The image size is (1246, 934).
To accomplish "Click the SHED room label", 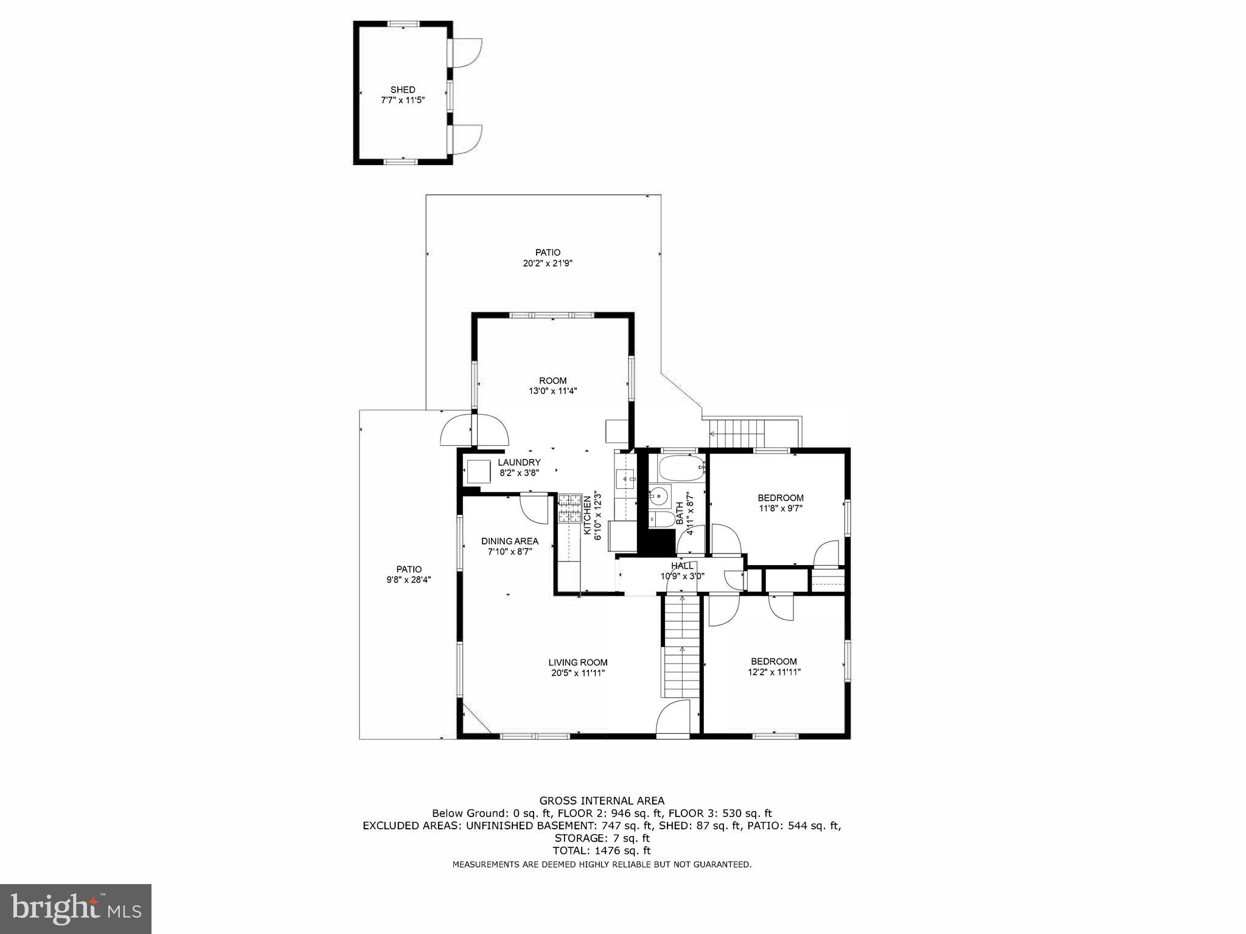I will click(x=403, y=90).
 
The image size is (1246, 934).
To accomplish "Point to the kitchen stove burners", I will click(x=570, y=510).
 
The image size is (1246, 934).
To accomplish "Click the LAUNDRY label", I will click(x=518, y=463).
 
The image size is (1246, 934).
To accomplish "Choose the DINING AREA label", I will click(x=509, y=541).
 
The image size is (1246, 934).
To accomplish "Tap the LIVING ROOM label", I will click(x=577, y=662).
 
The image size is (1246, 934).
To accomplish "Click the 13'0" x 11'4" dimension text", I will click(x=552, y=392).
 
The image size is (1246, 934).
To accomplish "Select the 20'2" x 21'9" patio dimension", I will click(x=548, y=264).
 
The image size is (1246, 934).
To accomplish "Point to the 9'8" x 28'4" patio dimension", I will click(x=409, y=580).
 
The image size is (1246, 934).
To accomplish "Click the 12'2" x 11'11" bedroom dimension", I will click(x=774, y=672).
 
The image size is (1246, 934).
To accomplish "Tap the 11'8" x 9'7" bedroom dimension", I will click(x=781, y=508).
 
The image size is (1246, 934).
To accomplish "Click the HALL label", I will click(x=682, y=566).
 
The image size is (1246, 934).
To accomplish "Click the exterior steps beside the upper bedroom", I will click(x=738, y=433).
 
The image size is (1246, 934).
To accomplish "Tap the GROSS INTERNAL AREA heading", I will click(x=602, y=801).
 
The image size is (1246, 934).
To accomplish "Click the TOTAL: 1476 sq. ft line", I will click(x=602, y=851).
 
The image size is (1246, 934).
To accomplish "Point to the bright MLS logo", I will click(x=76, y=908).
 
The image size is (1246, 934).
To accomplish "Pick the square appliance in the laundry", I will click(x=478, y=471).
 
